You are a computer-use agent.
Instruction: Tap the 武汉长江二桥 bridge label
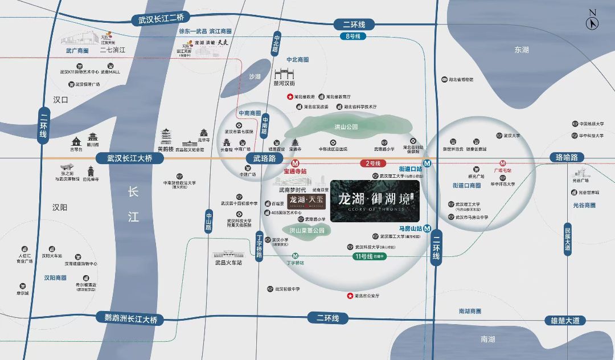coord(161,19)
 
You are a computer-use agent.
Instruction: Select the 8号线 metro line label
coord(354,36)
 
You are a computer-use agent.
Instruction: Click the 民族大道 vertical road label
coord(567,239)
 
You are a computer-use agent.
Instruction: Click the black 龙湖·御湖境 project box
coord(375,201)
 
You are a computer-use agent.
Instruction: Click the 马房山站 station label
coord(408,229)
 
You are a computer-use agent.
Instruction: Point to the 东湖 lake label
coord(521,50)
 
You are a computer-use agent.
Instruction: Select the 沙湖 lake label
coord(255,77)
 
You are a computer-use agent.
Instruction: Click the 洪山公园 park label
coord(346,126)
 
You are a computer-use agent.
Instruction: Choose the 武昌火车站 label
coord(228,263)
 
